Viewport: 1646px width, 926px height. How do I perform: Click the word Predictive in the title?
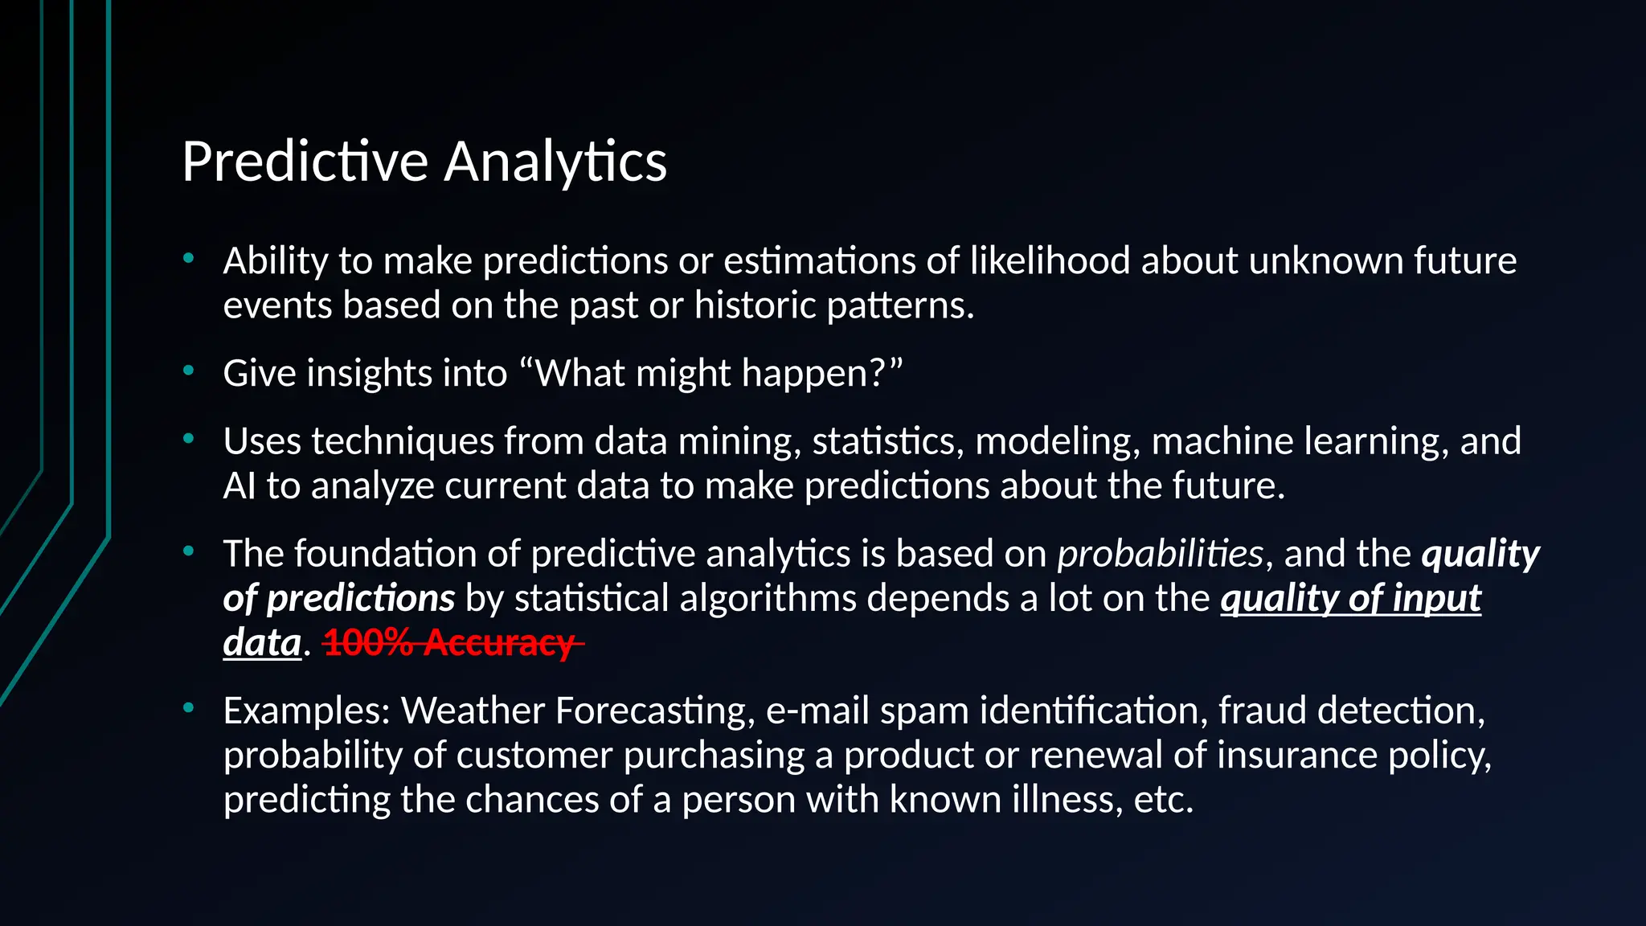click(x=305, y=162)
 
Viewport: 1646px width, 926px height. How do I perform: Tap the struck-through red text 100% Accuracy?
click(x=452, y=642)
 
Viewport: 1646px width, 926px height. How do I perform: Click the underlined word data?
click(x=261, y=642)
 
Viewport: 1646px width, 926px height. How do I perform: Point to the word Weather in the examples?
click(x=472, y=711)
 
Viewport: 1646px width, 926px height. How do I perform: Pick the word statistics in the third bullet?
click(x=887, y=442)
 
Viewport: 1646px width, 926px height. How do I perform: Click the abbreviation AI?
click(x=239, y=486)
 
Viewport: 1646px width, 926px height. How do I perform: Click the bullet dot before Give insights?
click(x=189, y=371)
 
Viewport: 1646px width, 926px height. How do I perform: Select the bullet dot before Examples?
click(x=189, y=708)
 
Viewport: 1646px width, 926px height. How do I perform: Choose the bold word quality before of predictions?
click(x=1480, y=555)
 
